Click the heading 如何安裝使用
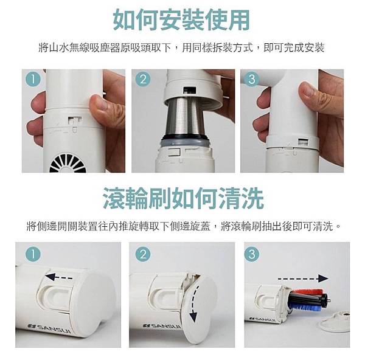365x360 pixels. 181,20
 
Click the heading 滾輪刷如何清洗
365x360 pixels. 183,198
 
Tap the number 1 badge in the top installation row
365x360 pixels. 33,79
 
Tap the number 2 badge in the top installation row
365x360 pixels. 143,79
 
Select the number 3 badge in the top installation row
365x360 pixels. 252,79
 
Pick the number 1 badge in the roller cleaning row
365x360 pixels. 33,254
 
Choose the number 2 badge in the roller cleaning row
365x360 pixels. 143,254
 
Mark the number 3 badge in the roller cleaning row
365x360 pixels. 252,254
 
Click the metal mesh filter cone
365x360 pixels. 184,117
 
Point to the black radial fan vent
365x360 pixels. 68,163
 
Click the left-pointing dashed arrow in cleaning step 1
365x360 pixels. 59,277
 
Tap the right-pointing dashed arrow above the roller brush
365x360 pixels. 303,279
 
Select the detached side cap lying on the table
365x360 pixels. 335,322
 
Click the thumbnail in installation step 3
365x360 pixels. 308,90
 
